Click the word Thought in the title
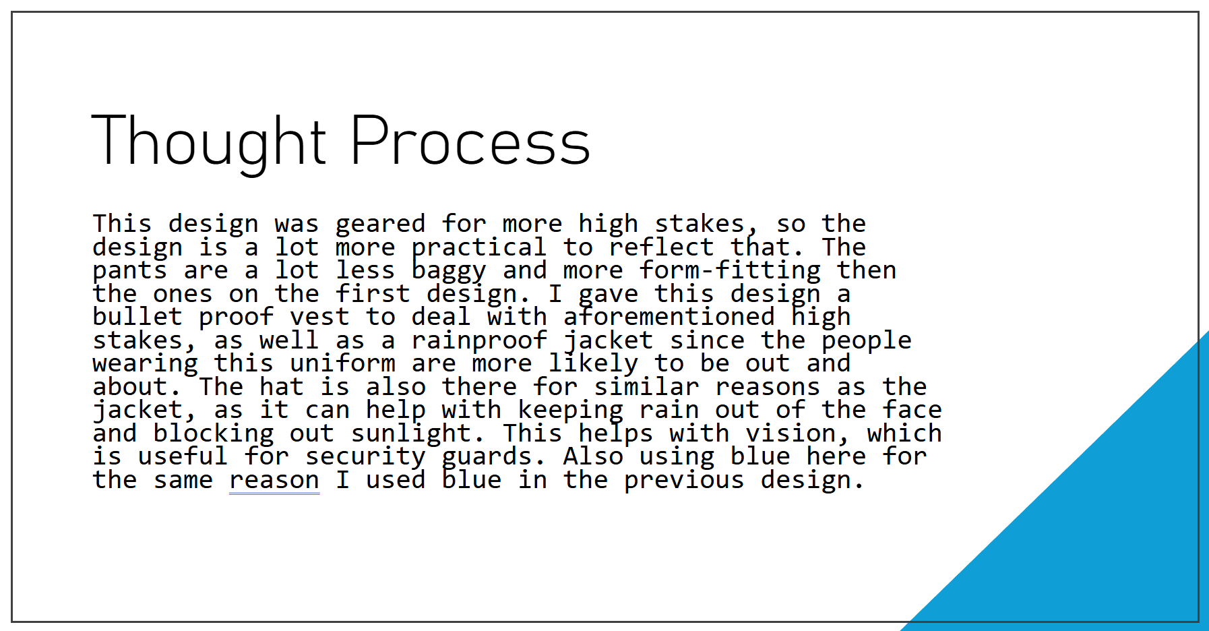pyautogui.click(x=209, y=143)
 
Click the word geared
pyautogui.click(x=381, y=224)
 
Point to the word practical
pyautogui.click(x=479, y=248)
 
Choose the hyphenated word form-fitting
pyautogui.click(x=730, y=270)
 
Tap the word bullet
pyautogui.click(x=137, y=317)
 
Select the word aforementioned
pyautogui.click(x=669, y=317)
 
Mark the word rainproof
pyautogui.click(x=479, y=341)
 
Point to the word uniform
pyautogui.click(x=342, y=363)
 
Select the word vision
pyautogui.click(x=790, y=433)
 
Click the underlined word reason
pyautogui.click(x=274, y=481)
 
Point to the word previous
pyautogui.click(x=684, y=481)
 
